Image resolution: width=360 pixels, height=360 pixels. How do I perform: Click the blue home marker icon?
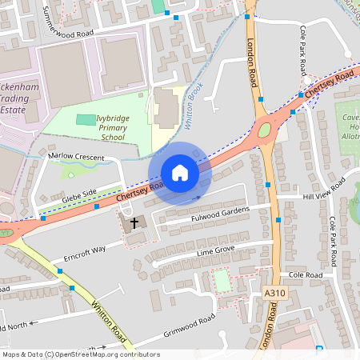pos(180,173)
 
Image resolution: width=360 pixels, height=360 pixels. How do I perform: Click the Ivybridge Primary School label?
pos(121,127)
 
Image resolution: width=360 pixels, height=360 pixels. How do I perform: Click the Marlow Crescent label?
pos(76,158)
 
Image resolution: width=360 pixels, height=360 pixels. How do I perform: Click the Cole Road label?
pos(306,274)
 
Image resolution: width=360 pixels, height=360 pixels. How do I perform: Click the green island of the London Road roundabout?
pos(265,130)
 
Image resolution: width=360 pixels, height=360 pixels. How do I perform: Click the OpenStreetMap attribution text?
pos(80,354)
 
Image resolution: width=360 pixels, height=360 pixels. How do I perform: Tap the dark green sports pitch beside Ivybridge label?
pos(84,119)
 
